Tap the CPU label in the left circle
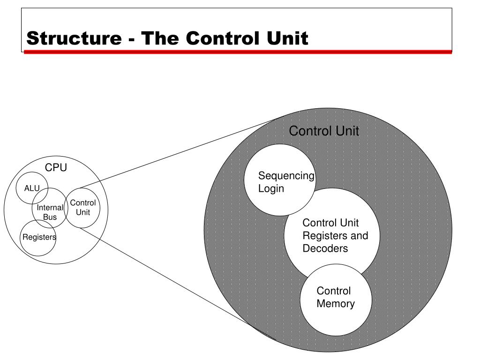56,168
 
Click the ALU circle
32,188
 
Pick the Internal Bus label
50,212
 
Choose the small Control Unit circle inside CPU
83,208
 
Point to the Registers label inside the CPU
39,237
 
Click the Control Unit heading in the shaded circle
324,131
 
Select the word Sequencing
286,176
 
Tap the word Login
271,188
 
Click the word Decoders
325,248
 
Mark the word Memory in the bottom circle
336,304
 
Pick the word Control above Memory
334,291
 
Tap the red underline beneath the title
238,52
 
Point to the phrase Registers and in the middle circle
335,236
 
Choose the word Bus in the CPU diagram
50,217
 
